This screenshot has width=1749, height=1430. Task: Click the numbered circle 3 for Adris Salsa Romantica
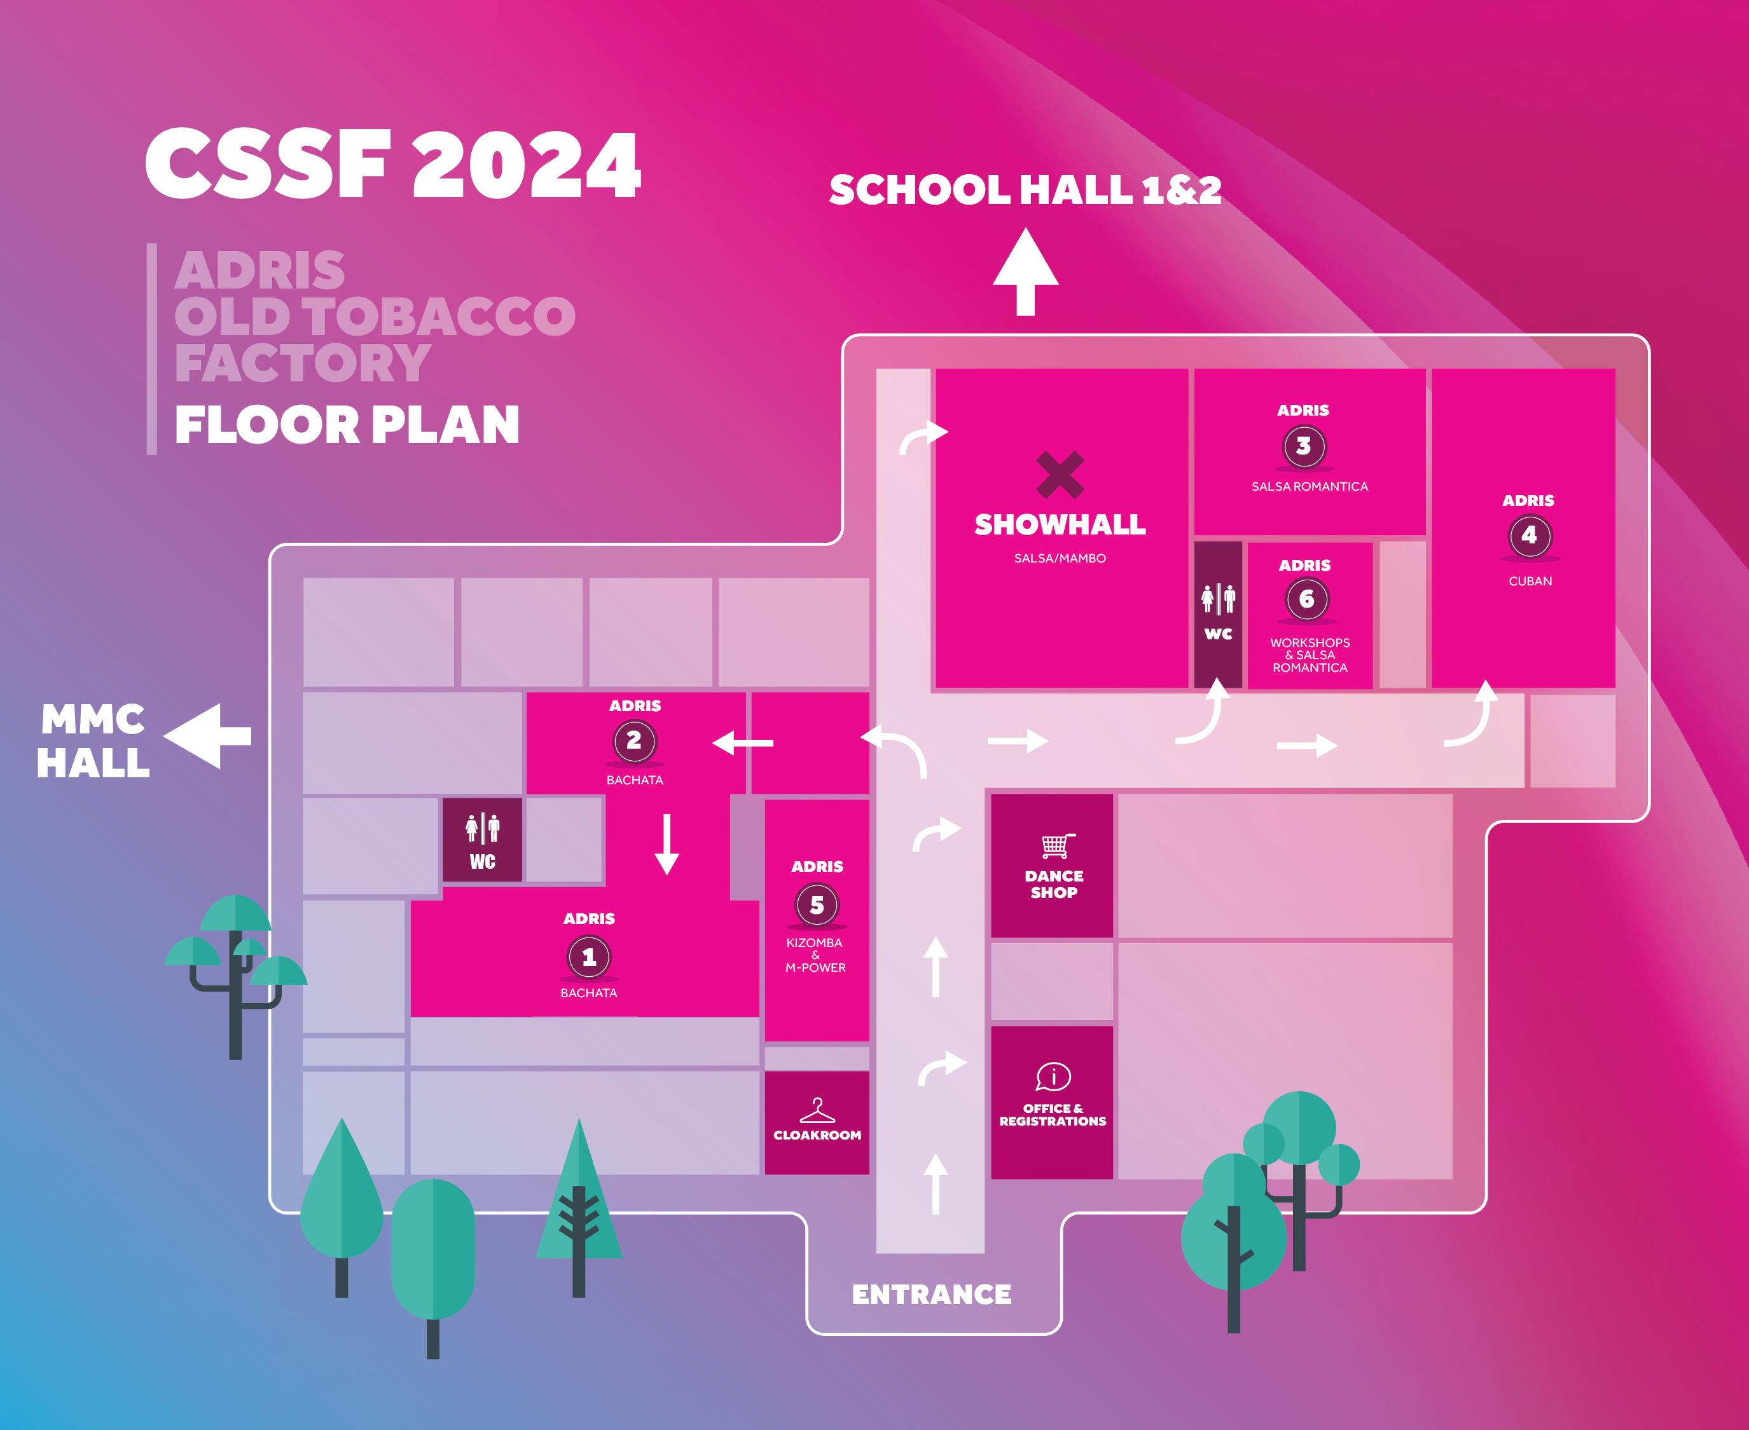click(1304, 446)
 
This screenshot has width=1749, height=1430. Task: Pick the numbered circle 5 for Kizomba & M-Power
click(817, 904)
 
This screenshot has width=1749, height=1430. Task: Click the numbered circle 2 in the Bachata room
click(635, 741)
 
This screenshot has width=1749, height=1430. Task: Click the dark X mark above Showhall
click(1060, 475)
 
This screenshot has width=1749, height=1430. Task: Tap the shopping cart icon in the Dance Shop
click(1056, 846)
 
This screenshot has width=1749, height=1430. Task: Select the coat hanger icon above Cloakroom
click(818, 1110)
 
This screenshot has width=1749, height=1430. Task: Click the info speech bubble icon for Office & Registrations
click(1053, 1077)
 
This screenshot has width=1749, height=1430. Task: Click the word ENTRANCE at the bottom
click(931, 1295)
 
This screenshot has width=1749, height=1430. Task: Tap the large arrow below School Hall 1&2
click(1025, 272)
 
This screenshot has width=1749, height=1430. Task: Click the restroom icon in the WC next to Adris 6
click(1218, 599)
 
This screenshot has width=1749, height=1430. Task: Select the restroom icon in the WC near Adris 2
click(482, 829)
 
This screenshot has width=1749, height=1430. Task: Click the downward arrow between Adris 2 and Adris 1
click(667, 844)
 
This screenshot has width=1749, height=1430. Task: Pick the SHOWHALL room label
click(1060, 525)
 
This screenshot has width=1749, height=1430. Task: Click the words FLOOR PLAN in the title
click(347, 425)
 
